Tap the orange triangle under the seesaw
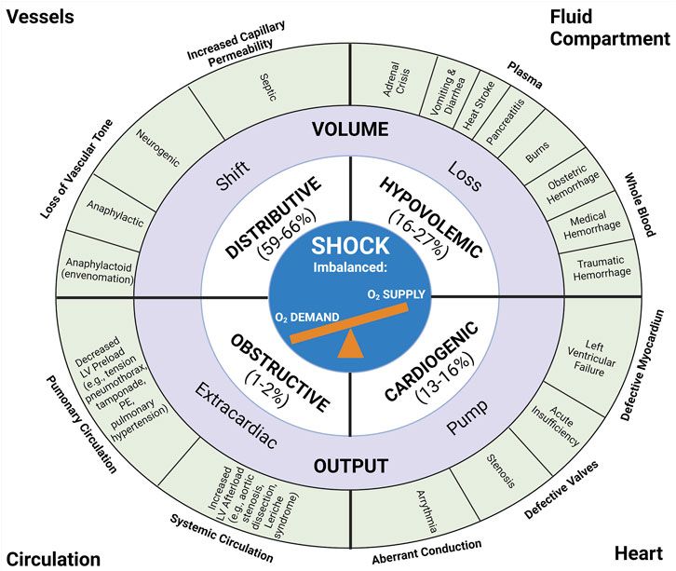click(x=349, y=345)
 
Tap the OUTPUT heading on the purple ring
click(x=349, y=463)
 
